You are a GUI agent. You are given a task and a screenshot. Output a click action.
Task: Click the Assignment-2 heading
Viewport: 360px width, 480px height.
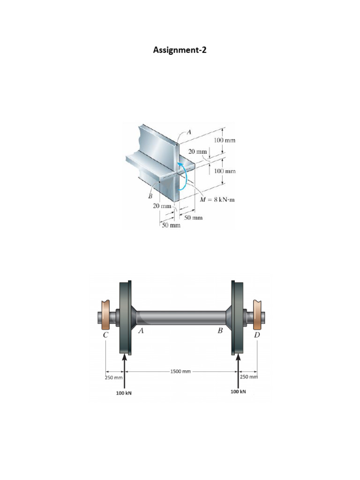click(180, 50)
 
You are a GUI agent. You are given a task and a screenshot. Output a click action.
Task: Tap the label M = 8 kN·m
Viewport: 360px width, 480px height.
click(217, 200)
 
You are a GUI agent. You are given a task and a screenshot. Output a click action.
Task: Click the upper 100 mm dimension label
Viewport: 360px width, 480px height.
click(225, 141)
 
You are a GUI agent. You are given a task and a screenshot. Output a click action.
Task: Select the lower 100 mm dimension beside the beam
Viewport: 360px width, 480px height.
click(225, 171)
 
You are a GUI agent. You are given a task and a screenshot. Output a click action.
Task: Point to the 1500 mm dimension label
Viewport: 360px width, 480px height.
click(180, 371)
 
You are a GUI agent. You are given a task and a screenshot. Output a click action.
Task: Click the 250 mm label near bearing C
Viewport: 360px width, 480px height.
click(114, 378)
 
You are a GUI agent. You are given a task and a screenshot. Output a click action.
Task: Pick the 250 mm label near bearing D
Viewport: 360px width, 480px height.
click(249, 376)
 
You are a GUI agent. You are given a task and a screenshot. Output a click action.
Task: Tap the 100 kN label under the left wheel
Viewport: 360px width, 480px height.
click(124, 393)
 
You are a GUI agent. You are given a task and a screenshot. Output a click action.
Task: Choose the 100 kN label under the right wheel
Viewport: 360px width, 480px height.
click(238, 391)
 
